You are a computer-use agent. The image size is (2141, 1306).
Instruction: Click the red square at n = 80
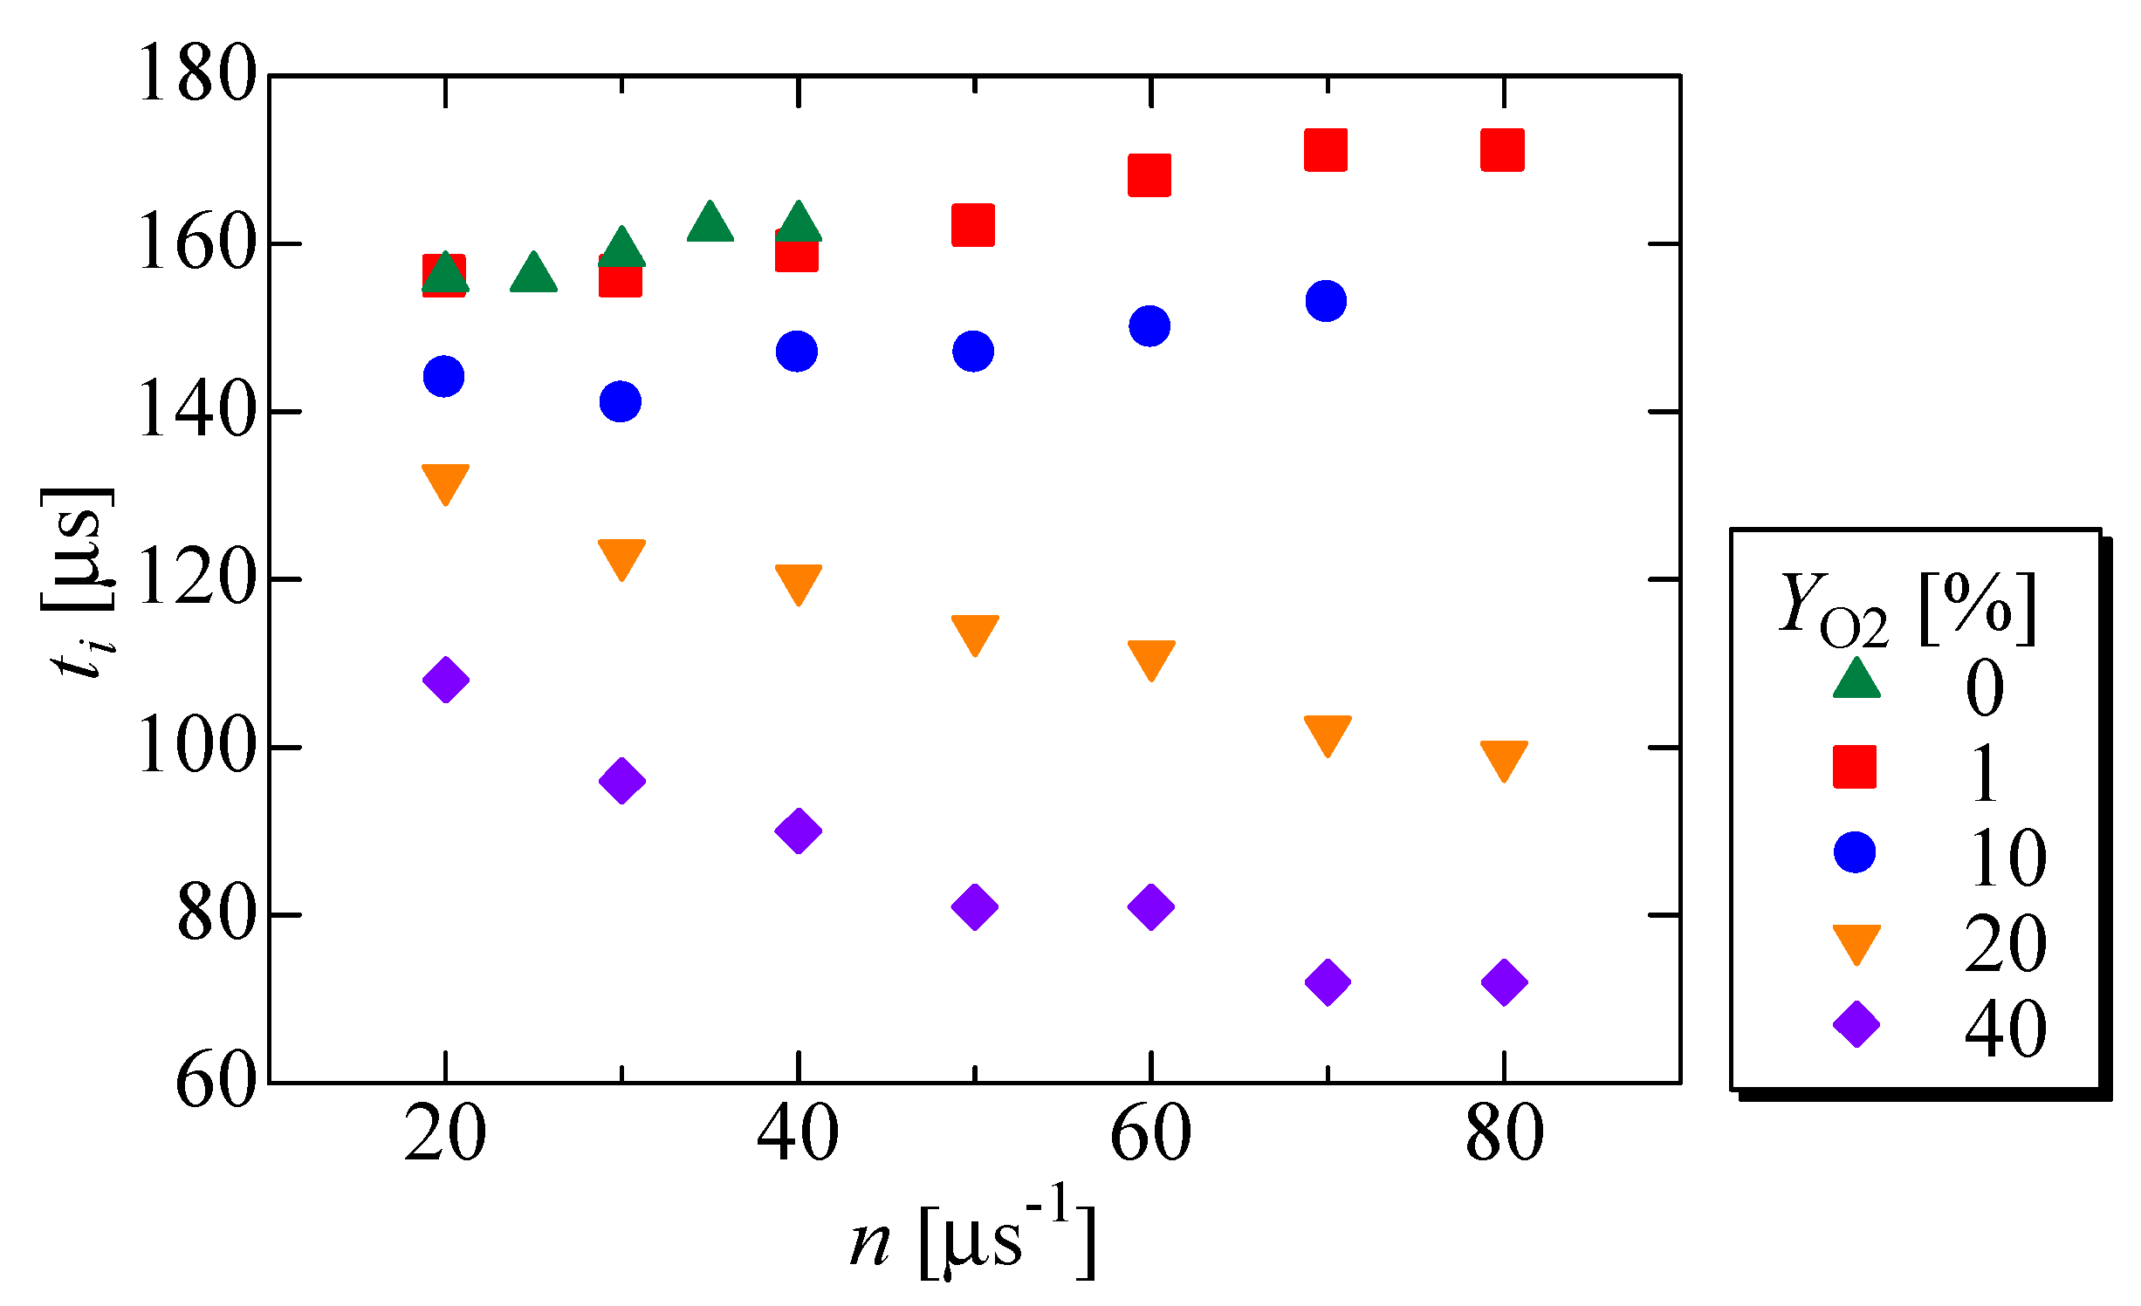(1502, 150)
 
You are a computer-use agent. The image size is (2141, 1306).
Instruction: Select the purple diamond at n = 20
(446, 680)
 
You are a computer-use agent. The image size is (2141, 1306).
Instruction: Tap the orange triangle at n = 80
(1504, 759)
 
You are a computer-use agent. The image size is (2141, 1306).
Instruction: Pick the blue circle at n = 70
(1326, 301)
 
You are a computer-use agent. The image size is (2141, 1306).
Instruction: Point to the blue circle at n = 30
(621, 401)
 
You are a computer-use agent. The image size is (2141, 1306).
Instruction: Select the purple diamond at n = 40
(798, 830)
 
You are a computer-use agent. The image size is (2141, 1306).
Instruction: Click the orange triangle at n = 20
(445, 482)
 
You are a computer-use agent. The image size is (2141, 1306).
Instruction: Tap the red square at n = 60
(1149, 175)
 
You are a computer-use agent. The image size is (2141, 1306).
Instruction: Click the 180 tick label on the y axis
(197, 75)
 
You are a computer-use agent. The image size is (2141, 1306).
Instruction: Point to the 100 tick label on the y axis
(197, 747)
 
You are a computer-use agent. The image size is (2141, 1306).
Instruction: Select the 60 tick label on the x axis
(1150, 1134)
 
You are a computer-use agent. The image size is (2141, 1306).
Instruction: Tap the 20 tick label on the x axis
(445, 1134)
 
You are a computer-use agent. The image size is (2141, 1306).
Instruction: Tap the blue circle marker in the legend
(1855, 852)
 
